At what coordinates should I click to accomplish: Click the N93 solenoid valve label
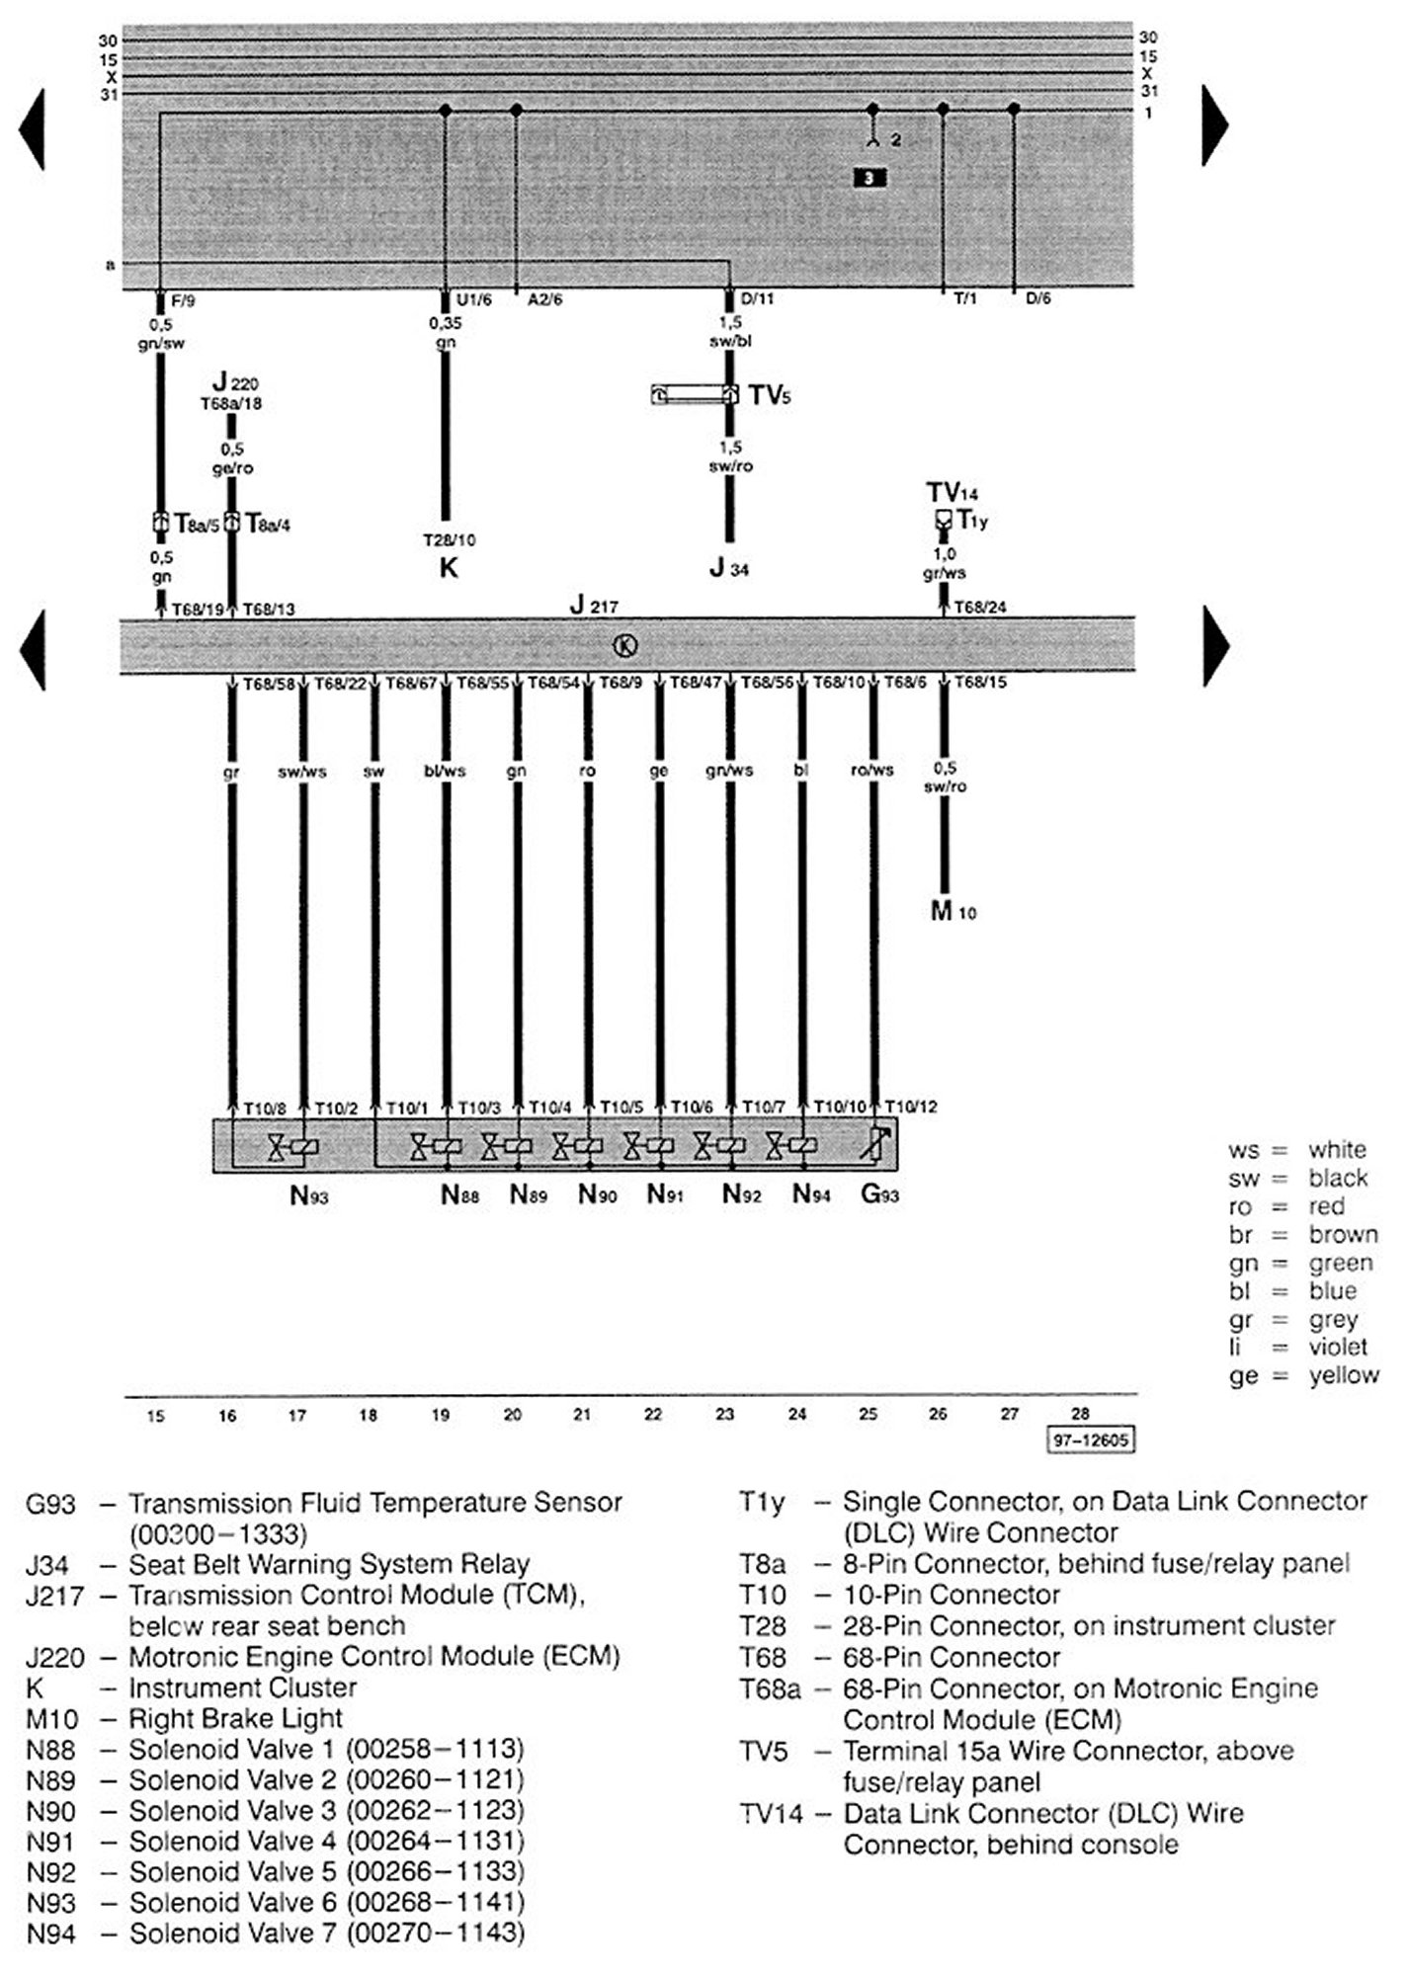[308, 1196]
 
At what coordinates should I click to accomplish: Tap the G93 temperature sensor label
[879, 1194]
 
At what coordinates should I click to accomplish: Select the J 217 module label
[594, 605]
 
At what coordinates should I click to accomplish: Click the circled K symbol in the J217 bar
[625, 646]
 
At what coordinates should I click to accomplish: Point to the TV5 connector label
[770, 396]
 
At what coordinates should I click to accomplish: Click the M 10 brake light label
[952, 911]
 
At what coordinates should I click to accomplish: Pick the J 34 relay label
[728, 569]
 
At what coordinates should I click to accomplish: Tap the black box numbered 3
[869, 178]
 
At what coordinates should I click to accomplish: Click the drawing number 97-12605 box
[1090, 1440]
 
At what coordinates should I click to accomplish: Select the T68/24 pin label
[979, 608]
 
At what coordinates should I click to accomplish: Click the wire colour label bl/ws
[445, 771]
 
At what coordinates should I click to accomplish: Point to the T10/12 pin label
[910, 1108]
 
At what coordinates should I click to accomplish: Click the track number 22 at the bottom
[653, 1415]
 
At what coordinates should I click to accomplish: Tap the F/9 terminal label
[183, 300]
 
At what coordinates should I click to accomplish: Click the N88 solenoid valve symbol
[437, 1146]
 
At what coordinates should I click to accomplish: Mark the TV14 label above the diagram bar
[952, 492]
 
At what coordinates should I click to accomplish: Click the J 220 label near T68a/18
[236, 382]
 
